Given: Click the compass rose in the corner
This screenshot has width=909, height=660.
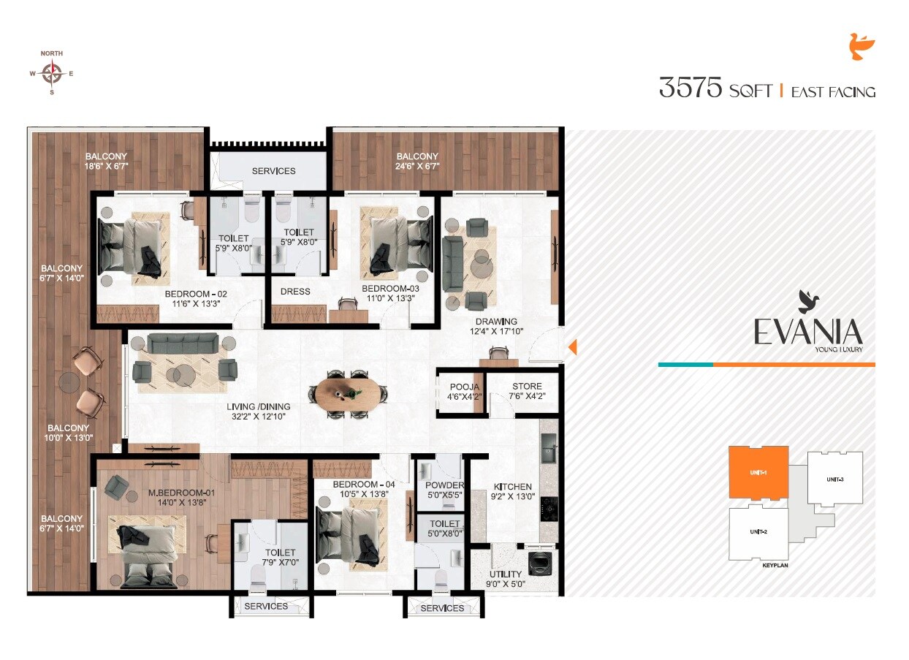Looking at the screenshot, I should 51,73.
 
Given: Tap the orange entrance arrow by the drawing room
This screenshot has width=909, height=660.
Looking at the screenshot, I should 573,347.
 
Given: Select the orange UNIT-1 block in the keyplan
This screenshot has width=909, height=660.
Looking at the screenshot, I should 758,474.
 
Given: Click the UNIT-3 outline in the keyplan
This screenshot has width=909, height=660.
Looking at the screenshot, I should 835,479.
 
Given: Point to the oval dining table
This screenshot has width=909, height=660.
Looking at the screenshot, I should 343,395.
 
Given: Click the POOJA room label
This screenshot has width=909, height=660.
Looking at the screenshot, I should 465,387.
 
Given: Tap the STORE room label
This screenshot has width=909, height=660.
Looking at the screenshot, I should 527,387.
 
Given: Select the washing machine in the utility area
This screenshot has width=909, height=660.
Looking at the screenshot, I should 539,563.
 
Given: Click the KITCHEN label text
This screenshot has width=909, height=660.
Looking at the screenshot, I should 513,487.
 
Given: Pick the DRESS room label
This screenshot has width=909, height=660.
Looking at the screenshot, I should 295,292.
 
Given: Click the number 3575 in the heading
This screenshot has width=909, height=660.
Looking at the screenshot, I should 690,88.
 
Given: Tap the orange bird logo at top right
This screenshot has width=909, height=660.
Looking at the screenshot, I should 862,47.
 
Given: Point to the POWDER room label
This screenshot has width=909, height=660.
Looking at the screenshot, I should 444,485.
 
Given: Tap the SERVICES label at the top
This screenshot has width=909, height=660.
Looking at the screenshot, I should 273,171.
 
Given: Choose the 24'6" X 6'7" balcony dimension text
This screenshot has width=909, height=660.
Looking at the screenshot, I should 417,167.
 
